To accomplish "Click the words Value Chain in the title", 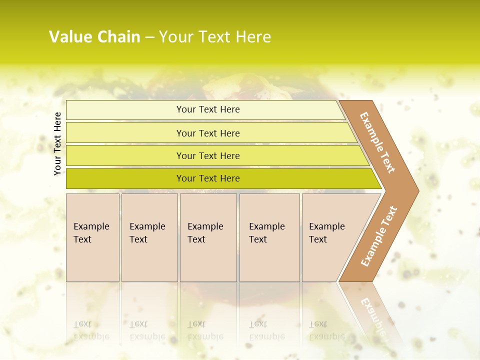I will [x=94, y=37].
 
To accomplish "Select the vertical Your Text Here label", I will [x=57, y=143].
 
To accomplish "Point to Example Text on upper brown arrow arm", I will [x=377, y=142].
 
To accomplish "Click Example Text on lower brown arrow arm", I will [x=379, y=236].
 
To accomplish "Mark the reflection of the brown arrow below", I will [x=372, y=312].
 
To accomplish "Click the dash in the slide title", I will [x=149, y=37].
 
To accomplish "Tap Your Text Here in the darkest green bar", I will [x=208, y=178].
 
